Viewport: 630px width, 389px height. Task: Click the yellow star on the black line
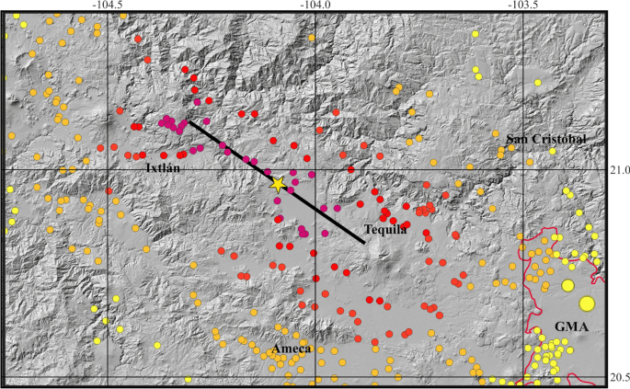click(279, 184)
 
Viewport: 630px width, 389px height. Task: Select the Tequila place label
click(384, 230)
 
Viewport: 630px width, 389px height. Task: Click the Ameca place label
click(293, 349)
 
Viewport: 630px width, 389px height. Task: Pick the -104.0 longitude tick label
click(315, 5)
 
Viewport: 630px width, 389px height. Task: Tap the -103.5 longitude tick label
click(522, 5)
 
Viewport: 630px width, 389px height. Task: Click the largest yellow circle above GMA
click(587, 303)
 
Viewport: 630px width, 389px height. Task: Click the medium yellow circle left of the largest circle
click(568, 286)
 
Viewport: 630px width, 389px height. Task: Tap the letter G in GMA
click(559, 326)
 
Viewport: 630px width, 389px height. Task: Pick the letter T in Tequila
click(367, 230)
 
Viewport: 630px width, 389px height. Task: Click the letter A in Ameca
click(277, 349)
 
